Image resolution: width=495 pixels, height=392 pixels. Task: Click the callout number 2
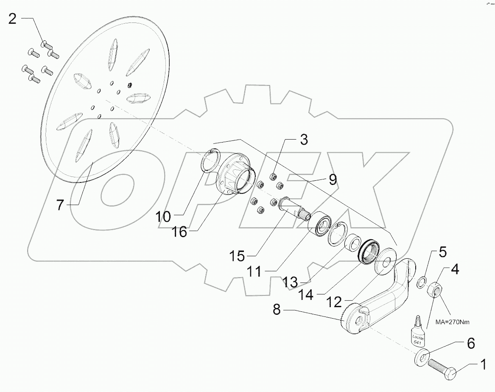[12, 19]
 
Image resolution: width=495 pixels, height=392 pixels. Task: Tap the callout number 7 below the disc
[60, 206]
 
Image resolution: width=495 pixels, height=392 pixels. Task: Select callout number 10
[163, 217]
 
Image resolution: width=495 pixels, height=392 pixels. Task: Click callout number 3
[304, 140]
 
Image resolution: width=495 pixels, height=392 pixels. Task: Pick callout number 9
[333, 180]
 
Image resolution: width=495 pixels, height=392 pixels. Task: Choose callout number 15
[238, 256]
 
